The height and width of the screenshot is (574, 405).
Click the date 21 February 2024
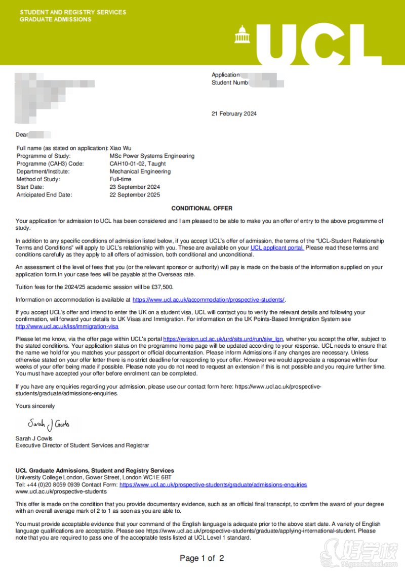click(234, 113)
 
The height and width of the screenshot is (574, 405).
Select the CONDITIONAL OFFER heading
click(202, 208)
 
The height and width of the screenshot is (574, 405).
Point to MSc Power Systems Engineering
click(152, 156)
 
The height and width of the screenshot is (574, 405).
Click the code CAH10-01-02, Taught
click(138, 164)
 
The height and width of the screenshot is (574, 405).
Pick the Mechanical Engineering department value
click(140, 172)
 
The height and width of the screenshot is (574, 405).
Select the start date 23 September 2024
click(135, 187)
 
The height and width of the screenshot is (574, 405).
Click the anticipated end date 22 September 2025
click(135, 195)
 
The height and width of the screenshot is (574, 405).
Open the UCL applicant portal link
click(277, 248)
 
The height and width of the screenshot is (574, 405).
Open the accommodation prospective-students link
click(209, 300)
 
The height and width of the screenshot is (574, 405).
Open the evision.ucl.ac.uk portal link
click(223, 339)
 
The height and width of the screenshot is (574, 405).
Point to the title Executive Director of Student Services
click(83, 445)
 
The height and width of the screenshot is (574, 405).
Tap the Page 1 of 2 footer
click(201, 558)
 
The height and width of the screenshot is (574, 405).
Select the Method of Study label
click(38, 179)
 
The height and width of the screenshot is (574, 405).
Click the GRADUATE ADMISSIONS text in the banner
click(55, 19)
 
